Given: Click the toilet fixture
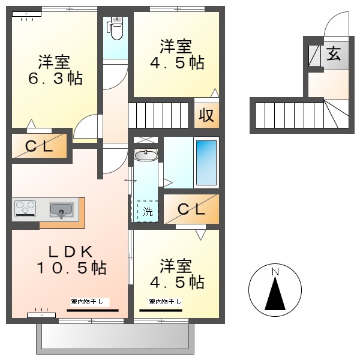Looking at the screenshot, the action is point(115,28).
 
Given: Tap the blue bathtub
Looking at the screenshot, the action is point(206,163).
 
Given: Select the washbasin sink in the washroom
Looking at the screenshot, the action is point(146,155).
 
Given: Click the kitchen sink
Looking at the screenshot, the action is point(61,210).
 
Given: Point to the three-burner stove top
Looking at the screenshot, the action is point(25,208).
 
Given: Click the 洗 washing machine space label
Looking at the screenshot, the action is point(148,211).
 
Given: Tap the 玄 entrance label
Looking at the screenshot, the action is point(334,54).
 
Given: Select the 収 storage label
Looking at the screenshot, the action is point(206,115).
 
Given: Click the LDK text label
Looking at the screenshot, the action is point(70,251).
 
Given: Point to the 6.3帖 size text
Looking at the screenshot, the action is point(55,78).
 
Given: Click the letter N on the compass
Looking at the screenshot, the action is point(275,272).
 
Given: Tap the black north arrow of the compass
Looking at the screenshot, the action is point(275,293).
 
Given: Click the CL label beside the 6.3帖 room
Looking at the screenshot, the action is point(39,146).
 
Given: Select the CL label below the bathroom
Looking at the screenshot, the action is point(191,209).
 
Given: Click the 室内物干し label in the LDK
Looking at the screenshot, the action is point(87,301).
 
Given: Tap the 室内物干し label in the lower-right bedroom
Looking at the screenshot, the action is point(165,301).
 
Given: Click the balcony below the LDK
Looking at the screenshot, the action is point(115,339).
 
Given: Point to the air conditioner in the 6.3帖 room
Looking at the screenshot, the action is point(26,14).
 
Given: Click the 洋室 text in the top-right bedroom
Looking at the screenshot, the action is point(176,46).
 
